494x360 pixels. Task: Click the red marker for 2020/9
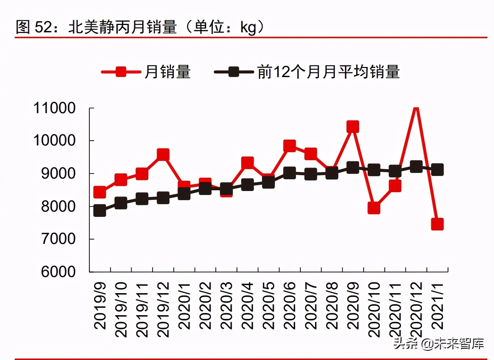coord(352,127)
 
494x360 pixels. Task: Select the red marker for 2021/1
coord(437,224)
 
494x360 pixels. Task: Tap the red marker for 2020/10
coord(373,208)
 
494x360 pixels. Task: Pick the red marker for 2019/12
coord(163,154)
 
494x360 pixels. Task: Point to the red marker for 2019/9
coord(100,192)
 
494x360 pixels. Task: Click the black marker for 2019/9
coord(100,211)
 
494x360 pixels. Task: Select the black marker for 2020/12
coord(416,166)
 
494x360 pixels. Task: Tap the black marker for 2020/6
coord(289,173)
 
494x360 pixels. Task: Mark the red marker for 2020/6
coord(289,145)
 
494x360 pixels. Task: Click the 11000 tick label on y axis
coord(54,108)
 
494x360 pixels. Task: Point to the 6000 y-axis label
coord(58,272)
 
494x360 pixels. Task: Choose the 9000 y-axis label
coord(58,173)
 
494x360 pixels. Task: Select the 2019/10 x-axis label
coord(121,309)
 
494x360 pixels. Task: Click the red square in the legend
coord(121,72)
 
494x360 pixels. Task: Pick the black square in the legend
coord(234,72)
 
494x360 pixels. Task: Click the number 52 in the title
coord(43,27)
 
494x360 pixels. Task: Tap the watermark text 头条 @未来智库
coord(438,344)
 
